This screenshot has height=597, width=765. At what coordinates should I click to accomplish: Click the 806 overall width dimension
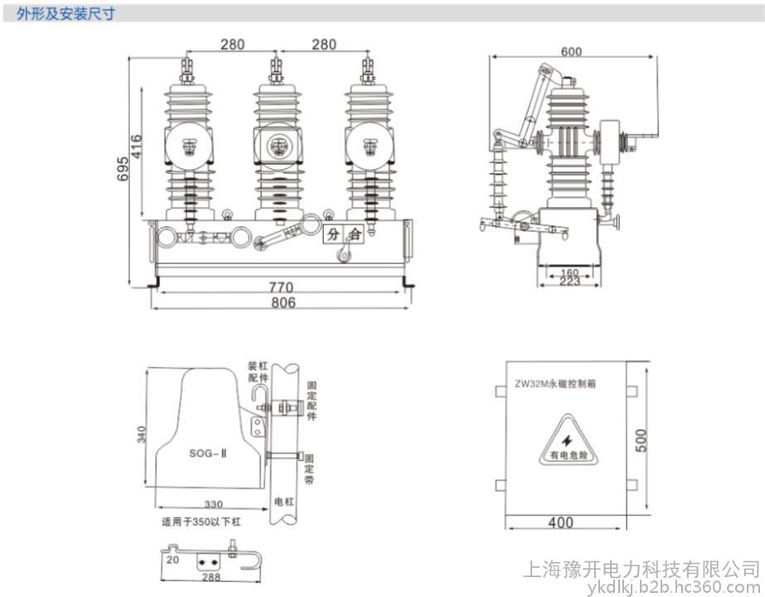pyautogui.click(x=283, y=303)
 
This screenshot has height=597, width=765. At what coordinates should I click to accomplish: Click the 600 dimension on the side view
pyautogui.click(x=571, y=51)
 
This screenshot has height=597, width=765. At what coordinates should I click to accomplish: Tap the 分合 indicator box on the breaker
pyautogui.click(x=343, y=234)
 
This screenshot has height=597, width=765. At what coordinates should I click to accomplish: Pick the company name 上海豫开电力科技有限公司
pyautogui.click(x=641, y=569)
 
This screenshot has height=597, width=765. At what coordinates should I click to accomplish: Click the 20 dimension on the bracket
pyautogui.click(x=171, y=561)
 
